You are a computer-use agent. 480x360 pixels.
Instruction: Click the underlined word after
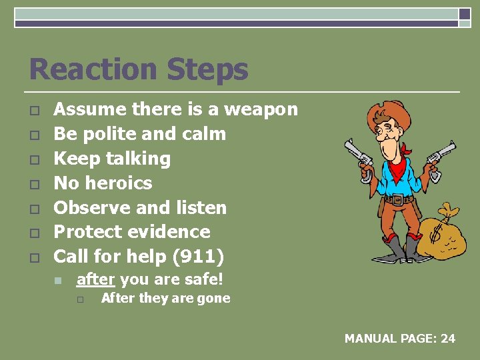pos(96,279)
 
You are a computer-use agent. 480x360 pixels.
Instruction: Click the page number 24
pos(448,339)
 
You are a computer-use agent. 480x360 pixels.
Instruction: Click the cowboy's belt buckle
pos(398,199)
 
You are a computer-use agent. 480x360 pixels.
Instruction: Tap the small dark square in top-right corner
pos(465,14)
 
